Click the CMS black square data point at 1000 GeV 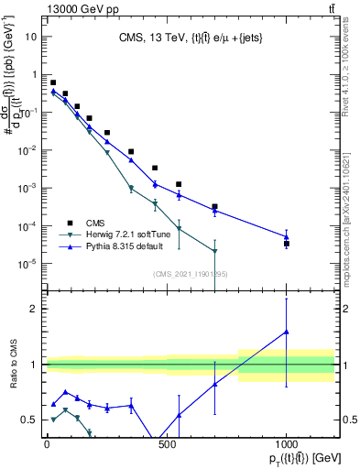[x=287, y=244]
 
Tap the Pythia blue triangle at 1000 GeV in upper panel [x=287, y=236]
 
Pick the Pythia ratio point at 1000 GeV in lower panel [x=287, y=333]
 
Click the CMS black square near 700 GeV [x=214, y=207]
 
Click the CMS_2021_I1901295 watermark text [x=190, y=274]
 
